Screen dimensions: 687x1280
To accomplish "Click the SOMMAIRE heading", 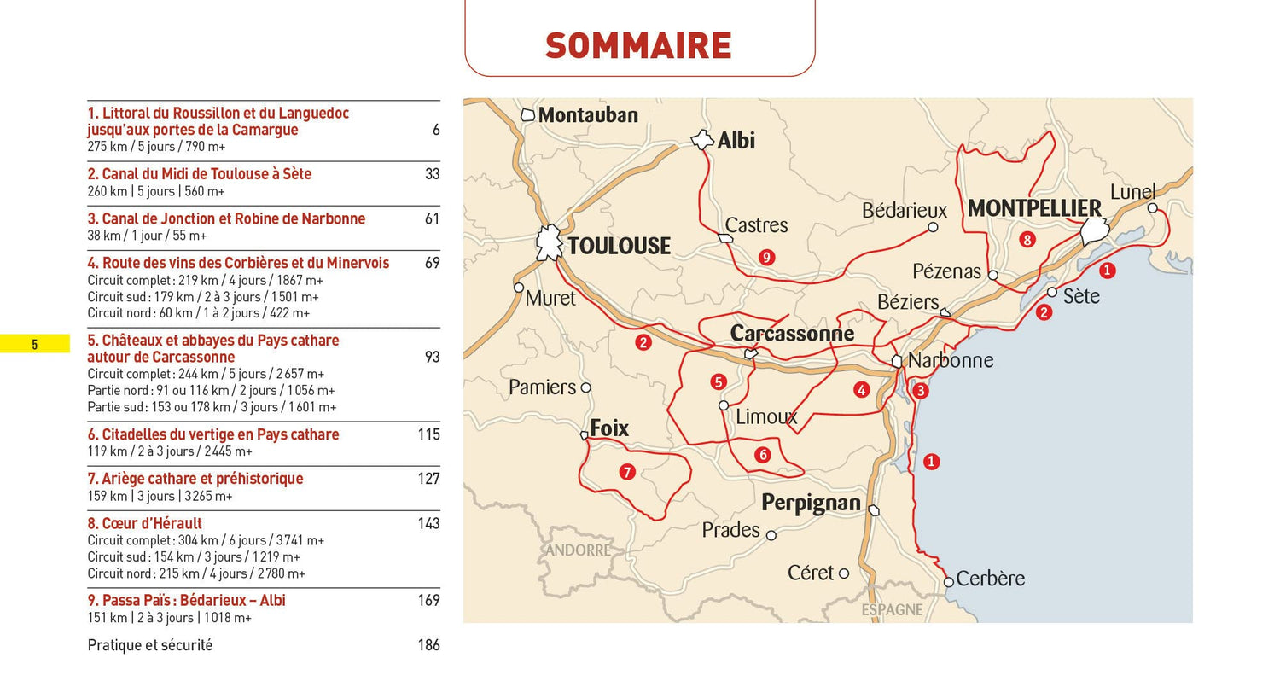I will [638, 45].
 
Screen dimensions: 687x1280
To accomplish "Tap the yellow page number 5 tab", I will [35, 345].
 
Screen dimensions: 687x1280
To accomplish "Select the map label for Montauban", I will [588, 114].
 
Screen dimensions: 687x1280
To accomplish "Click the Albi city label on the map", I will [736, 141].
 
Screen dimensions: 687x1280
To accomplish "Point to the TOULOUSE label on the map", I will [619, 247].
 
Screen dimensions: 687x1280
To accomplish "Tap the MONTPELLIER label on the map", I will [1034, 209].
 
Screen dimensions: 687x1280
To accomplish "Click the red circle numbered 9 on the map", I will [766, 257].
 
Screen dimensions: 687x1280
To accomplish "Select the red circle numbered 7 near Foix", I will [627, 472].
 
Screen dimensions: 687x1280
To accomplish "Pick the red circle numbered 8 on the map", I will [1027, 240].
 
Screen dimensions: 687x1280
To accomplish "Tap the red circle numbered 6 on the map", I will [763, 455].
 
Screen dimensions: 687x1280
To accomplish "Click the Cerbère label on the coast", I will [990, 579].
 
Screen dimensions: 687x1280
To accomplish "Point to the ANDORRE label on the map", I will [578, 550].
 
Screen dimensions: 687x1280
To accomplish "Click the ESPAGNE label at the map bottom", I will [892, 609].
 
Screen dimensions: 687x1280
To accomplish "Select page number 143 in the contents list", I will [428, 523].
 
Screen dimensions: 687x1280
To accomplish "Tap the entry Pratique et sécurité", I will [150, 645].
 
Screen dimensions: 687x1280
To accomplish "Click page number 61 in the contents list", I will [432, 218].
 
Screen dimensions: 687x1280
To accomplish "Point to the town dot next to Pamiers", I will [585, 387].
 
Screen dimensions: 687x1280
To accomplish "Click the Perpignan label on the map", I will [811, 504].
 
